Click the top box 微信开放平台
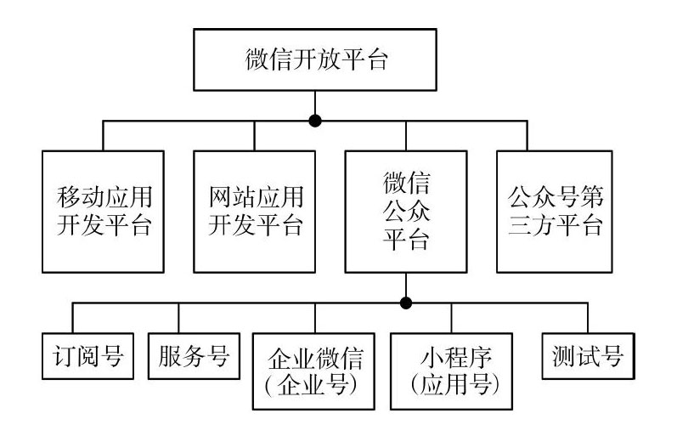pyautogui.click(x=315, y=59)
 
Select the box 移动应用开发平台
pyautogui.click(x=103, y=212)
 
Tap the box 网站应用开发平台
pyautogui.click(x=254, y=212)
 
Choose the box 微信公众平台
pyautogui.click(x=406, y=212)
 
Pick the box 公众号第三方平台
pyautogui.click(x=555, y=212)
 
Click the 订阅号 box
pyautogui.click(x=87, y=356)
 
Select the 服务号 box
pyautogui.click(x=194, y=356)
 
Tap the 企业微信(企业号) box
pyautogui.click(x=313, y=371)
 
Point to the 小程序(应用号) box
pyautogui.click(x=451, y=371)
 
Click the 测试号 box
pyautogui.click(x=588, y=356)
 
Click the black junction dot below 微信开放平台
pyautogui.click(x=315, y=121)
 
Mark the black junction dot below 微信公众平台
pyautogui.click(x=406, y=303)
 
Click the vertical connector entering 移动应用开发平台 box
pyautogui.click(x=103, y=136)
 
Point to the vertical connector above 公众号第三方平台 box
pyautogui.click(x=527, y=136)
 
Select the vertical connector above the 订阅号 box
pyautogui.click(x=72, y=318)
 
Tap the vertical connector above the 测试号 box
pyautogui.click(x=588, y=318)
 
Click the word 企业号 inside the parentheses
pyautogui.click(x=313, y=384)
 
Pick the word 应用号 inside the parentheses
pyautogui.click(x=455, y=384)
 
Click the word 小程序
pyautogui.click(x=456, y=357)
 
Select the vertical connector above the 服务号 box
pyautogui.click(x=178, y=318)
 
